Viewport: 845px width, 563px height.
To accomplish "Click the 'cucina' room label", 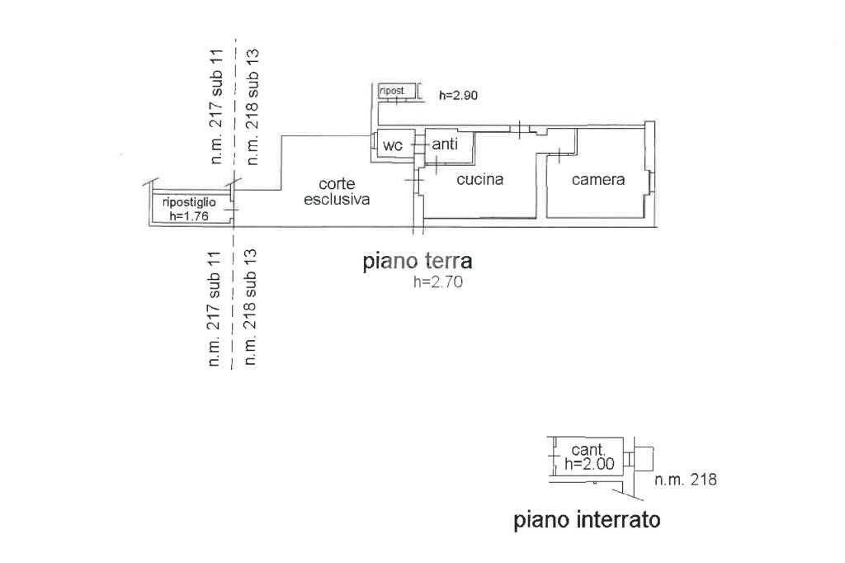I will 479,179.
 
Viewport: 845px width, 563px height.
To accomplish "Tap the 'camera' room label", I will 598,179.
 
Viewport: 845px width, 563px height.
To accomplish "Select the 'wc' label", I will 393,145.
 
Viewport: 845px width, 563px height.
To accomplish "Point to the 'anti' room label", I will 446,144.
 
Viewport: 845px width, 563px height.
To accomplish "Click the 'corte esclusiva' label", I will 337,192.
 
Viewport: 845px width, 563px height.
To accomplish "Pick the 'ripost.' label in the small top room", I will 392,90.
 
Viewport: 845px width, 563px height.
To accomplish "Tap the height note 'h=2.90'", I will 459,95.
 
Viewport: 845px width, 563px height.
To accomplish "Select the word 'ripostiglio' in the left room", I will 189,202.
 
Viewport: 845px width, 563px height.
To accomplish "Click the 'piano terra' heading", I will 418,262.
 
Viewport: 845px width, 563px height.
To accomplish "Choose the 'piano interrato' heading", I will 587,521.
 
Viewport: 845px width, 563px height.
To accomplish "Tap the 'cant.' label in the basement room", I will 589,451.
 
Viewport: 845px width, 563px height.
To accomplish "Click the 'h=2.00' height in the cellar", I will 589,464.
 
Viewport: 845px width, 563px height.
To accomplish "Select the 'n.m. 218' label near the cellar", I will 685,480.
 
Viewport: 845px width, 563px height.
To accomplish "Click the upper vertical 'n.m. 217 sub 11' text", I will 217,106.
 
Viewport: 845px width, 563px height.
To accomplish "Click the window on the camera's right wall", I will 652,181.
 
